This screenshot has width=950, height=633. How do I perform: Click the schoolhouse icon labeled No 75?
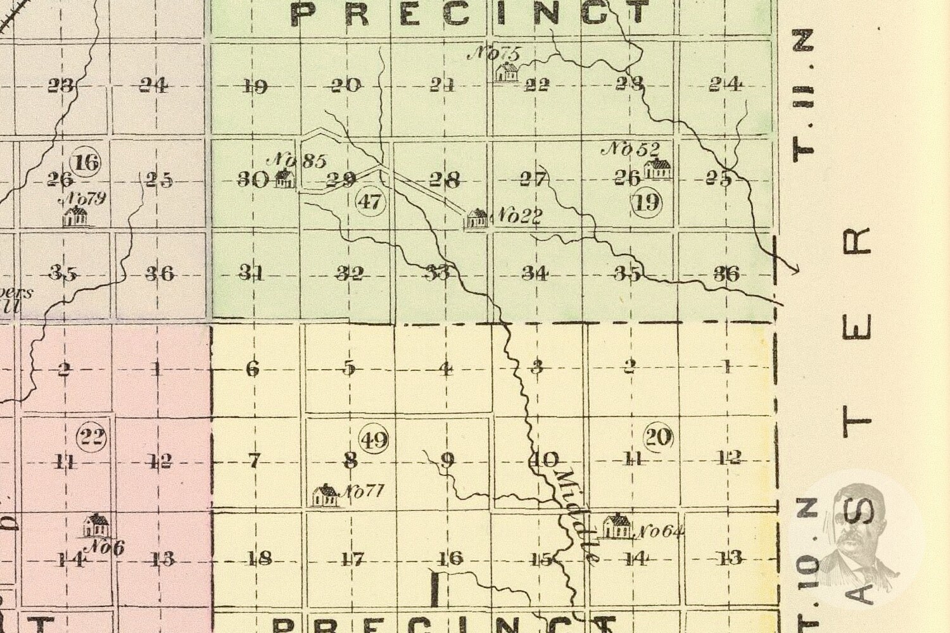(506, 72)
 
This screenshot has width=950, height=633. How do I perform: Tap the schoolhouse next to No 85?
(284, 179)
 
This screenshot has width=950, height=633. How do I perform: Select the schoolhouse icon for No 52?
(657, 168)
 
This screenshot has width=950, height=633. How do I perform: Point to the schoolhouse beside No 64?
(616, 527)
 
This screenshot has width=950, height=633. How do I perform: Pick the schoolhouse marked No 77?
(326, 495)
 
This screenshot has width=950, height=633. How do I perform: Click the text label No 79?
(83, 199)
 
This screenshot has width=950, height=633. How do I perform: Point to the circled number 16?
(86, 163)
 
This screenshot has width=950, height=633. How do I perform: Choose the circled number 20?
(658, 437)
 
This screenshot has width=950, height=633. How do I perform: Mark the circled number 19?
(647, 203)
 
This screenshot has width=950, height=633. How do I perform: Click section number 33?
(438, 273)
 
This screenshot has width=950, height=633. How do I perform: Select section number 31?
(251, 273)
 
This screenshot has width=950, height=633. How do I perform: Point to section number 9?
(447, 460)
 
